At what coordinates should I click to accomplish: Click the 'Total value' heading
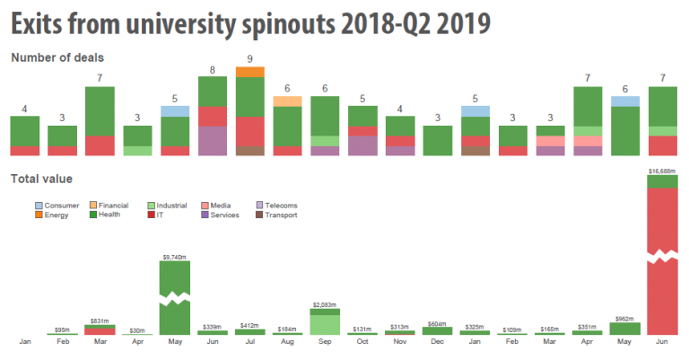coord(41,180)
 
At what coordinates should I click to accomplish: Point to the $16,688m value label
coord(662,170)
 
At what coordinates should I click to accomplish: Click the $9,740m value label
coord(175,257)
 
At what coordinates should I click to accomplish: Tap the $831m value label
coord(100,321)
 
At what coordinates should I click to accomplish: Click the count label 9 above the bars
coord(250,60)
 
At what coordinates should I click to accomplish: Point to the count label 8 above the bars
coord(213,70)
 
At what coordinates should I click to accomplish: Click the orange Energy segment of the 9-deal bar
coord(250,72)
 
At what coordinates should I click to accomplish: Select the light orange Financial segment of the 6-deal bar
coord(287,101)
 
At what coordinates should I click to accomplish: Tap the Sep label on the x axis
coord(325,342)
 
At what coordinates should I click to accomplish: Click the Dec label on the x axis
coord(437,342)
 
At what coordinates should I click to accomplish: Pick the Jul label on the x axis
coord(250,342)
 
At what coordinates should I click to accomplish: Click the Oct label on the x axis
coord(362,342)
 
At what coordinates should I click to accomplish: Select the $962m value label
coord(624,319)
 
